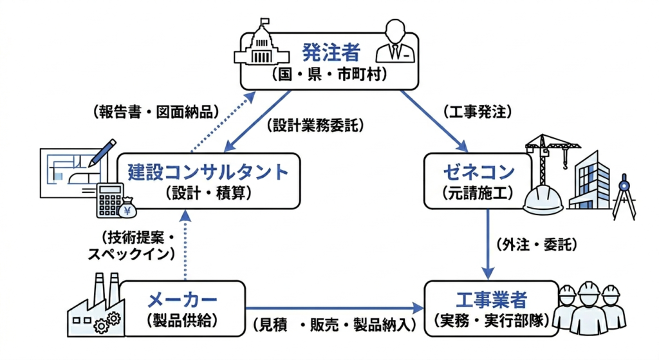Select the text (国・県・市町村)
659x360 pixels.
[x=331, y=74]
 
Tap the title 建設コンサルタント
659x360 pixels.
[x=207, y=171]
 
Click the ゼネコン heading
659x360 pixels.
[x=479, y=171]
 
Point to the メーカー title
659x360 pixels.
[x=182, y=299]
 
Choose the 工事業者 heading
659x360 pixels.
[x=491, y=299]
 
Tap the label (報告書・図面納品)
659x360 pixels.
[x=156, y=111]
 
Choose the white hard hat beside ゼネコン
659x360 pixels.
[x=543, y=196]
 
